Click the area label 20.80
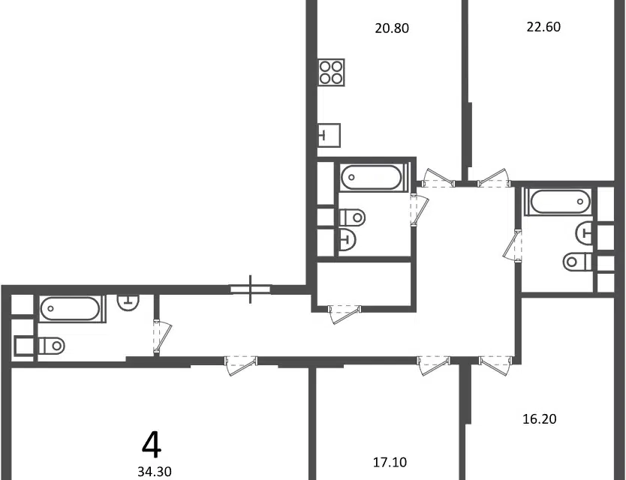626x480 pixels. click(x=392, y=28)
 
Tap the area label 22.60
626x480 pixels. click(x=543, y=27)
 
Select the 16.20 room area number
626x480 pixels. click(x=540, y=419)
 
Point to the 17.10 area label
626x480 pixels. click(x=390, y=462)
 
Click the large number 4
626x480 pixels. click(x=152, y=445)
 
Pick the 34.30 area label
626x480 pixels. click(x=155, y=472)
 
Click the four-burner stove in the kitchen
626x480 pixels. click(x=331, y=72)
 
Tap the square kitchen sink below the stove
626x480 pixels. click(x=330, y=135)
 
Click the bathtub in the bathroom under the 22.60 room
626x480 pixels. click(x=560, y=202)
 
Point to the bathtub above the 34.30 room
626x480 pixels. click(x=72, y=308)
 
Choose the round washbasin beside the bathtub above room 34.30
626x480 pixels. click(x=128, y=301)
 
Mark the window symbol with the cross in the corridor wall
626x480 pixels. click(x=250, y=289)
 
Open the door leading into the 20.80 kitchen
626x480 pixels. click(x=438, y=178)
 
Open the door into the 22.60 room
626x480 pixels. click(x=494, y=178)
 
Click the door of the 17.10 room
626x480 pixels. click(x=434, y=365)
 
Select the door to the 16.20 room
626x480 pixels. click(x=496, y=365)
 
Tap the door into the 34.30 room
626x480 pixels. click(x=241, y=365)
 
